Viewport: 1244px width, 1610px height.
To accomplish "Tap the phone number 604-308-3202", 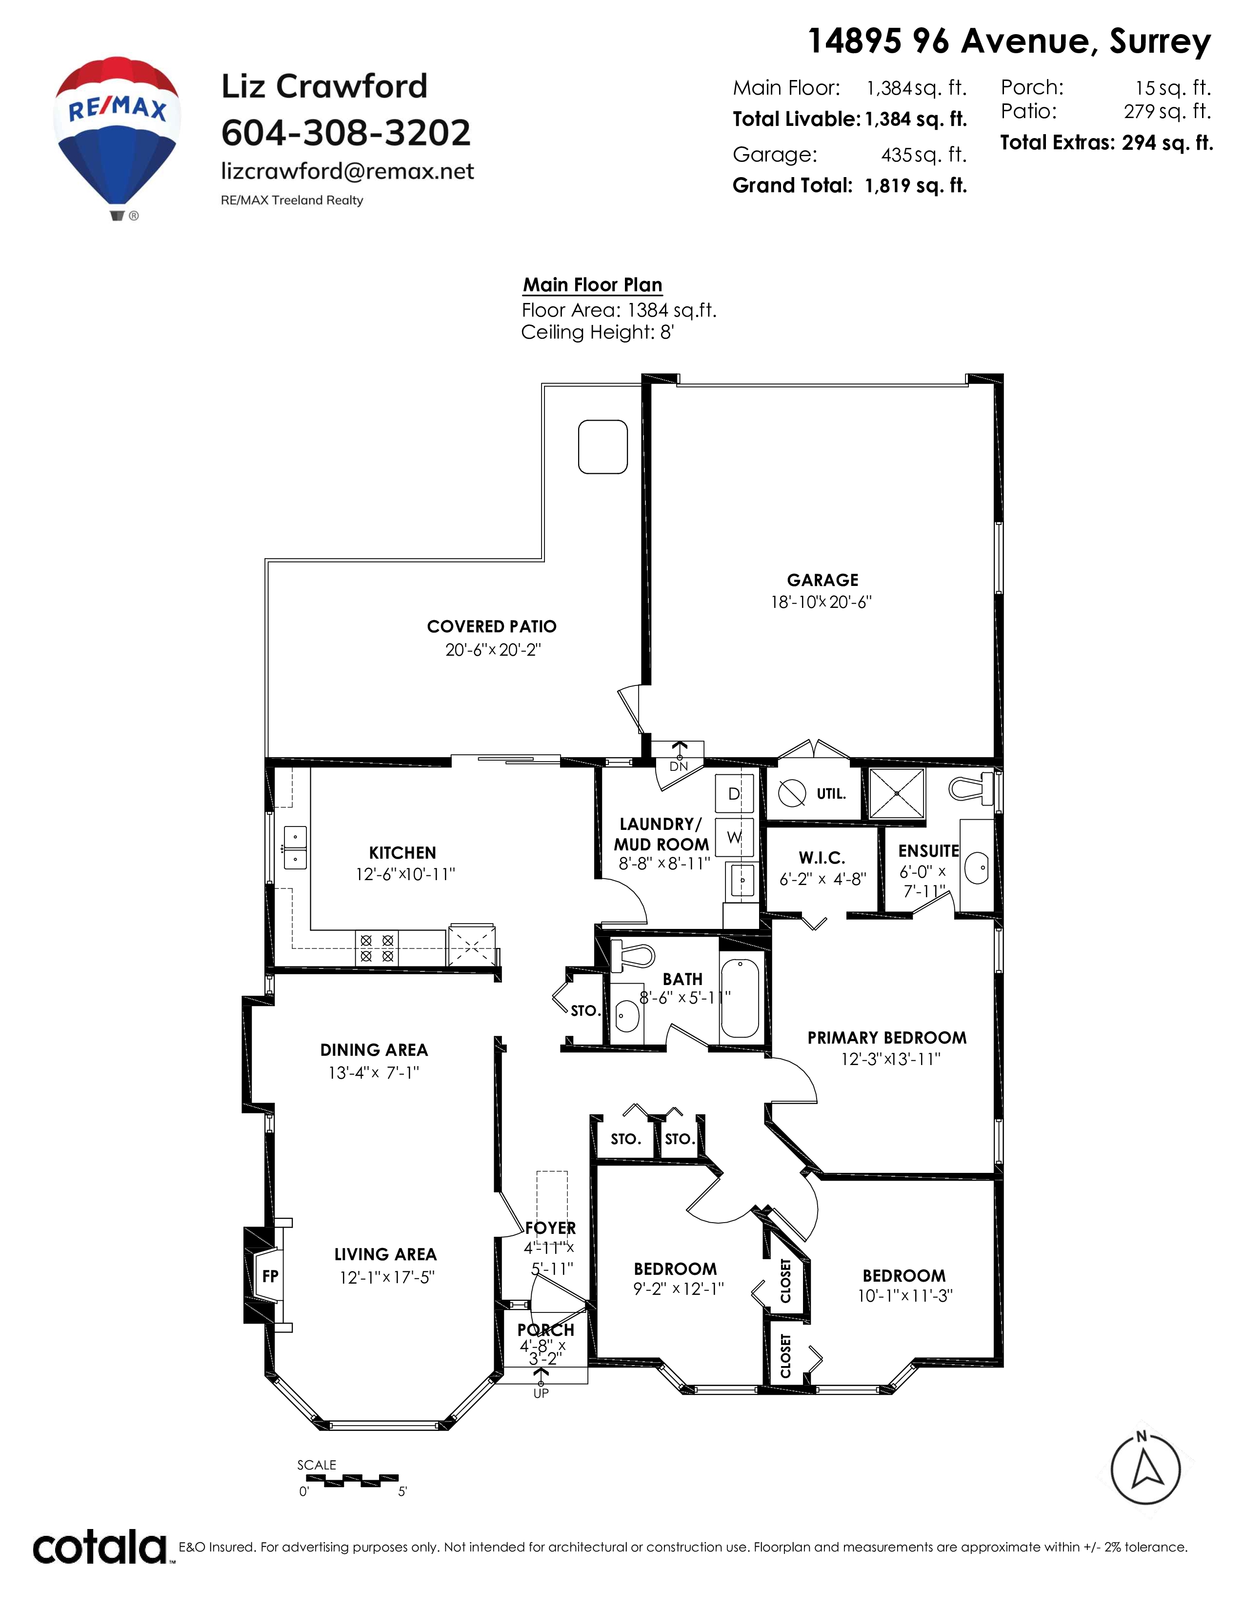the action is point(346,133).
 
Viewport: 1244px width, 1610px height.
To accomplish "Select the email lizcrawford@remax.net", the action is point(347,171).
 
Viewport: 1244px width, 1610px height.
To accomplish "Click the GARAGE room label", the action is point(823,580).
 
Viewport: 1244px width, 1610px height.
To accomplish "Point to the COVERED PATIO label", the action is point(492,626).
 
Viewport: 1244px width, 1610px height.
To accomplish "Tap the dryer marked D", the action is point(735,794).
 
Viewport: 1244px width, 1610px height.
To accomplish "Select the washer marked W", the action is point(735,837).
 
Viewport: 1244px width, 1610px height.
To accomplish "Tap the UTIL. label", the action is point(831,794).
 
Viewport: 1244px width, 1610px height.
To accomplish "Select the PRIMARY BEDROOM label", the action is point(886,1038).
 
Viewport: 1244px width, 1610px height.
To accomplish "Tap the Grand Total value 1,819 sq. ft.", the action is point(916,186).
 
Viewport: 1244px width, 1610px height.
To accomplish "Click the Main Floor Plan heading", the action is point(593,285).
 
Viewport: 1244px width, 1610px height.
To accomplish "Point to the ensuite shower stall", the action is point(897,793).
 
